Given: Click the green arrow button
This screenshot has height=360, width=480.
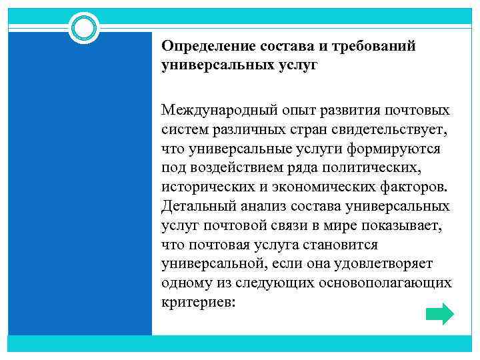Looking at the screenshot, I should click(439, 313).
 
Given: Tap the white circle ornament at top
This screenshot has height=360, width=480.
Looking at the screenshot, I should click(84, 29).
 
